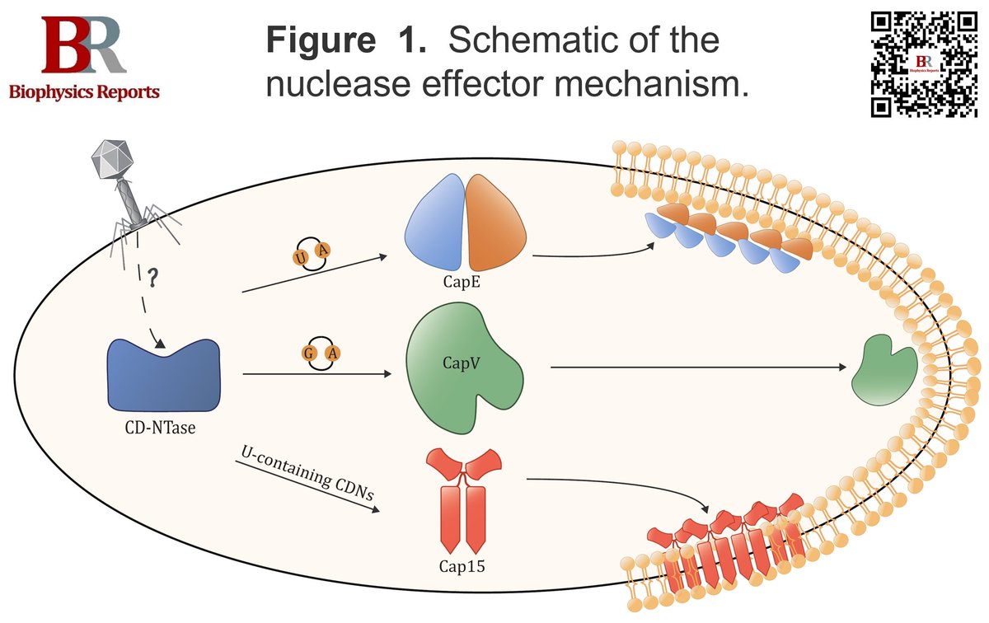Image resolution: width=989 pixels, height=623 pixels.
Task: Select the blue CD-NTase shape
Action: [165, 375]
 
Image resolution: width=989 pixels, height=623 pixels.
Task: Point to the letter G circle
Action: [307, 354]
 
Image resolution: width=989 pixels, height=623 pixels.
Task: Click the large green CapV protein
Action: [462, 363]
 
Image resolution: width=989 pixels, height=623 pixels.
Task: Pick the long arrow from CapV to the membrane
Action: [692, 368]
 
